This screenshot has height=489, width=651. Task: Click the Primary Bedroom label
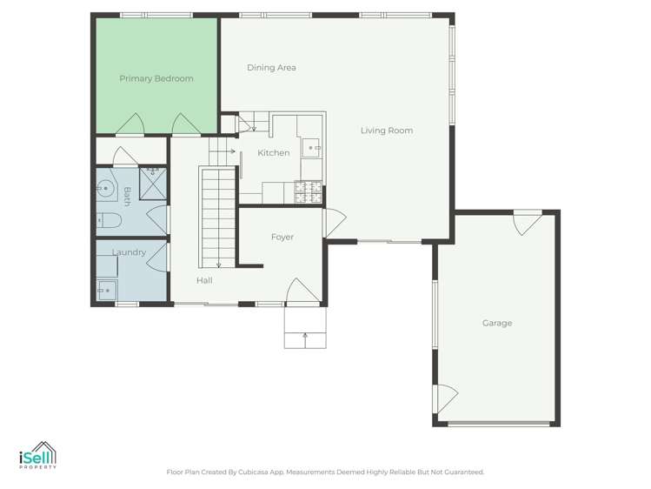tap(156, 78)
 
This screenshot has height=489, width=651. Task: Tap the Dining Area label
tap(271, 67)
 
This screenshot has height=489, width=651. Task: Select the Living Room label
tap(387, 131)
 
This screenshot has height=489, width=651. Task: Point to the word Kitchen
tap(274, 153)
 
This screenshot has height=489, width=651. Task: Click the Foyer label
tap(282, 237)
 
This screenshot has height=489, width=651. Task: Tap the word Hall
tap(204, 280)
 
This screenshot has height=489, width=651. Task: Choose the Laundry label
tap(129, 252)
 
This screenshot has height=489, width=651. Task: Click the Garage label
tap(497, 323)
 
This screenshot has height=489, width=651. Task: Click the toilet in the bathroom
tap(108, 219)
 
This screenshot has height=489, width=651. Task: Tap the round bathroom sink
tap(105, 186)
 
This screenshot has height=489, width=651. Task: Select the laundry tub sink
tap(107, 291)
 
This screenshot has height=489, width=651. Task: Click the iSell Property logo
tap(37, 457)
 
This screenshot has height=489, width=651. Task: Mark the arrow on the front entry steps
tap(305, 335)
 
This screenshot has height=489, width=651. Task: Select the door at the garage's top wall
tap(526, 224)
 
